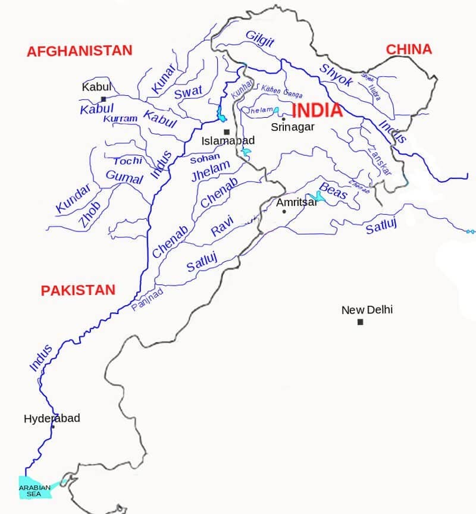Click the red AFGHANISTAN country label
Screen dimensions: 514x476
79,51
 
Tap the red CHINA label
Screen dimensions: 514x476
409,49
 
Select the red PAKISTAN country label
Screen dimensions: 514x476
77,290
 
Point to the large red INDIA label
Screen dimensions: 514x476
317,111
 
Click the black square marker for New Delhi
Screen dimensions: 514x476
360,322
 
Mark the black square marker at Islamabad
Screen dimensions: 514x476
226,132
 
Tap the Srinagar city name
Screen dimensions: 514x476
292,127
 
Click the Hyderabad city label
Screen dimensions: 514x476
52,418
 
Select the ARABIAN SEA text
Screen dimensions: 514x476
35,491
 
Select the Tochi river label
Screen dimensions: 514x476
128,161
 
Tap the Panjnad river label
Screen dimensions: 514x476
146,300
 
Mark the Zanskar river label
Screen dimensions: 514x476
380,159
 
